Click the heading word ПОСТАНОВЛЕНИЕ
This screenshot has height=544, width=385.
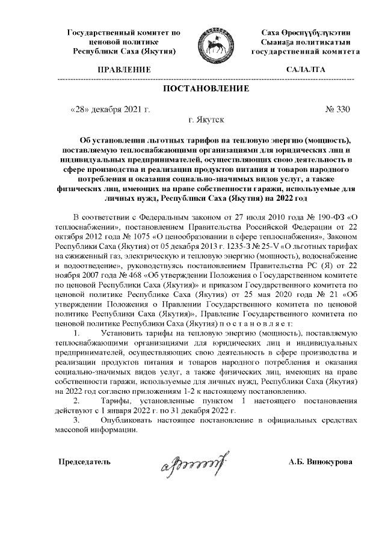(x=206, y=89)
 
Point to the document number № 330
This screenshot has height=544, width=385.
(x=337, y=109)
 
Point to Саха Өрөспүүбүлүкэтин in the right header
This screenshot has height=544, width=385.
(x=306, y=32)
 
